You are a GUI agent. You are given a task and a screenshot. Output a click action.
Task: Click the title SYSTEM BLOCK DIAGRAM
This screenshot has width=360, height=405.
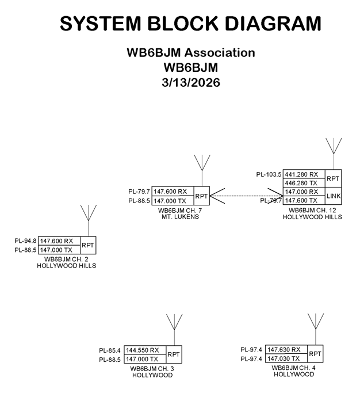pos(190,24)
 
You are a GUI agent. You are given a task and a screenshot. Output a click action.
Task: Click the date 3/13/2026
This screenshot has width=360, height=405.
pos(190,82)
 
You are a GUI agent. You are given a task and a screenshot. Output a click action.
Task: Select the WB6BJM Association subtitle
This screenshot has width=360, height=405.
pos(190,52)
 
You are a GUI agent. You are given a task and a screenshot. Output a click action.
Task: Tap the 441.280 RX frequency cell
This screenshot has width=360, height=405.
pos(302,174)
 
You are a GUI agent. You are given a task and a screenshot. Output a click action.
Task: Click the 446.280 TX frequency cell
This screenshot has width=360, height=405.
pos(302,183)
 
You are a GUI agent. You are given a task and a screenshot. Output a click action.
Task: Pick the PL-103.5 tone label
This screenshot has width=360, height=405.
pos(268,174)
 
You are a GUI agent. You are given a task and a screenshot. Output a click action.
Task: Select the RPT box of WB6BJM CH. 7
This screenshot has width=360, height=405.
pos(201,196)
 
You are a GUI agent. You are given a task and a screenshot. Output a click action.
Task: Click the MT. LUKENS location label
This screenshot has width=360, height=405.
pos(180,217)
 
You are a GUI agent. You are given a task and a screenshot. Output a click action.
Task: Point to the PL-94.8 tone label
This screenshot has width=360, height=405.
pos(26,241)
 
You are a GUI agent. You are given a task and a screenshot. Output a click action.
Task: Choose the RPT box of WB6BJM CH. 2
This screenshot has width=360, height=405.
pos(88,245)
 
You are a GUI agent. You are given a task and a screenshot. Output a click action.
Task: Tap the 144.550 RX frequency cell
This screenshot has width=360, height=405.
pos(145,350)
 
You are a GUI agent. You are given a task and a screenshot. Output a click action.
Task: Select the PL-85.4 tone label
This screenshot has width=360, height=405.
pos(110,350)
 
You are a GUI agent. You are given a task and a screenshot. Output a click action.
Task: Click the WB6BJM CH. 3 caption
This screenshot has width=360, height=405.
pos(152,368)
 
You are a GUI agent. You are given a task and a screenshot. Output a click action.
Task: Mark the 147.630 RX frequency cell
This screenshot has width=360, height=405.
pos(287,349)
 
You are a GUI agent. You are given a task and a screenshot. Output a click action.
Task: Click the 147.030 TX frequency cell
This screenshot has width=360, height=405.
pos(287,358)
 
